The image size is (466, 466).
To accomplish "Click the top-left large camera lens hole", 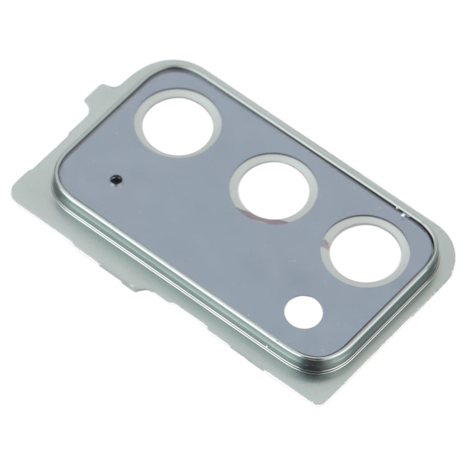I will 181,122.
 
